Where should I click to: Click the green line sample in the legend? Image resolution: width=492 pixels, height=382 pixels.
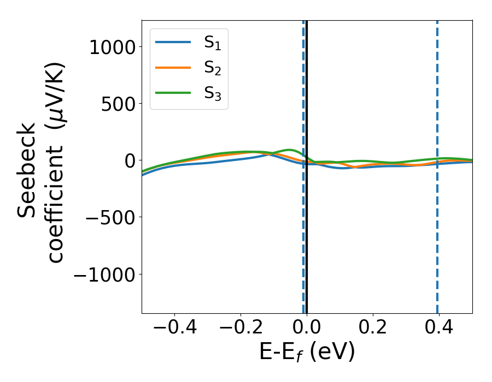(x=173, y=93)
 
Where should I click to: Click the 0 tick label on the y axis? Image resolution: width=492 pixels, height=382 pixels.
(x=130, y=160)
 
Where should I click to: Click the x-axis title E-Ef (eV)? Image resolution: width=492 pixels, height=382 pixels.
(x=307, y=352)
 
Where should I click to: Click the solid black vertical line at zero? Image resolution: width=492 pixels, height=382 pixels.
(x=307, y=246)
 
